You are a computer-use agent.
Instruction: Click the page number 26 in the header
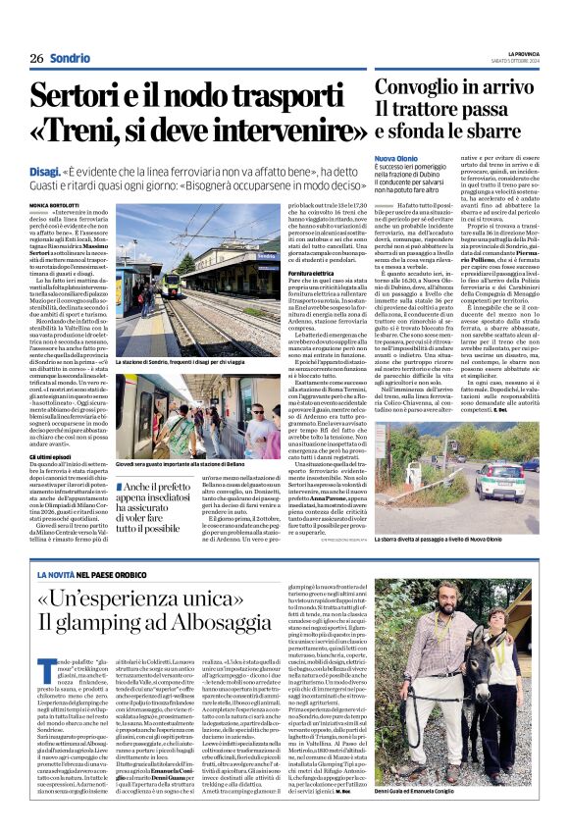(x=35, y=58)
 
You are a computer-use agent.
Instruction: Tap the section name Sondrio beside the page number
(x=70, y=58)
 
